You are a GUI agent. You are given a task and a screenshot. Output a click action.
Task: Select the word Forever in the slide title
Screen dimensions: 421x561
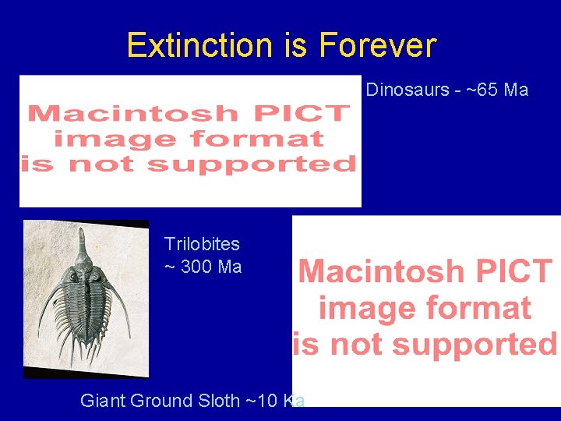(x=376, y=45)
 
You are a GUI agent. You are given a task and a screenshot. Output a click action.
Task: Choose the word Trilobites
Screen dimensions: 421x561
(x=202, y=244)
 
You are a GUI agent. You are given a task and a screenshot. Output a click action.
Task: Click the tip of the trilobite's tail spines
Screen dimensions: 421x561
(x=87, y=360)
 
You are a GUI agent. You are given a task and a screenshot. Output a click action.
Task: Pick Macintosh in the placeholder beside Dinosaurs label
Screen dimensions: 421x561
(x=132, y=113)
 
